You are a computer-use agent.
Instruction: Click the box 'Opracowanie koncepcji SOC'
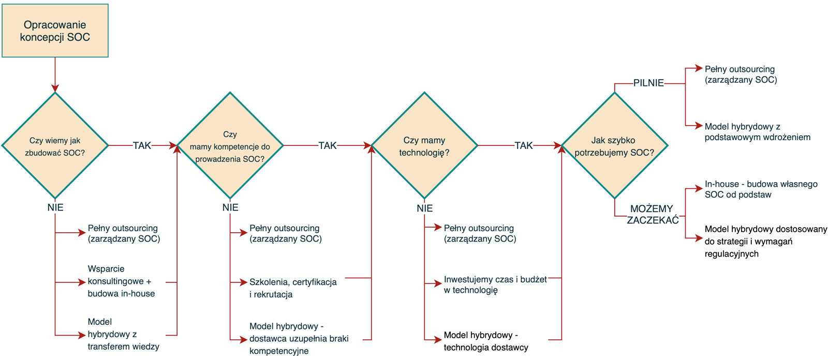55,31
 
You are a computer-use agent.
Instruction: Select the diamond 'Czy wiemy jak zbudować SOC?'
55,146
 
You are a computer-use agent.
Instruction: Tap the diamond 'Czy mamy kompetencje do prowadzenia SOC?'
230,146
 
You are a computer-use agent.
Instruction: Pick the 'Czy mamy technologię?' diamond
424,146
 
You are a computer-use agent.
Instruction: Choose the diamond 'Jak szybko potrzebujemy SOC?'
614,146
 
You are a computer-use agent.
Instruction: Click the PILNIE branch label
648,83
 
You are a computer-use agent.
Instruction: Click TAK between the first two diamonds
142,146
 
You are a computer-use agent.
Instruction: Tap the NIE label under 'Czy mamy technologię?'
424,208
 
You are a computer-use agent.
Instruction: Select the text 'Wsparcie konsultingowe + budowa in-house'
121,281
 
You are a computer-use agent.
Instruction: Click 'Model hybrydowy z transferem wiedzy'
123,334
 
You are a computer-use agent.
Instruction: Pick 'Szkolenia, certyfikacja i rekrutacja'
293,288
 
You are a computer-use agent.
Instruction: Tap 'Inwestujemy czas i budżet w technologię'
495,284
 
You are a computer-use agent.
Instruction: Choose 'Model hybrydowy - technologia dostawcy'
485,341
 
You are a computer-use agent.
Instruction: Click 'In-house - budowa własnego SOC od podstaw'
761,189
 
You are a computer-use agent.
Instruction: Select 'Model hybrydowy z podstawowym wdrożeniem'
757,132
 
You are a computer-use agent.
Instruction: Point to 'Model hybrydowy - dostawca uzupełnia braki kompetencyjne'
299,339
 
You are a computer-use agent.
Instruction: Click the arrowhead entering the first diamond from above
55,88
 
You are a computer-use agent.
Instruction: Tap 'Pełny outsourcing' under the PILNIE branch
741,74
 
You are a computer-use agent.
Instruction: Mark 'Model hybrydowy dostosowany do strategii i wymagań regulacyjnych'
765,242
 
